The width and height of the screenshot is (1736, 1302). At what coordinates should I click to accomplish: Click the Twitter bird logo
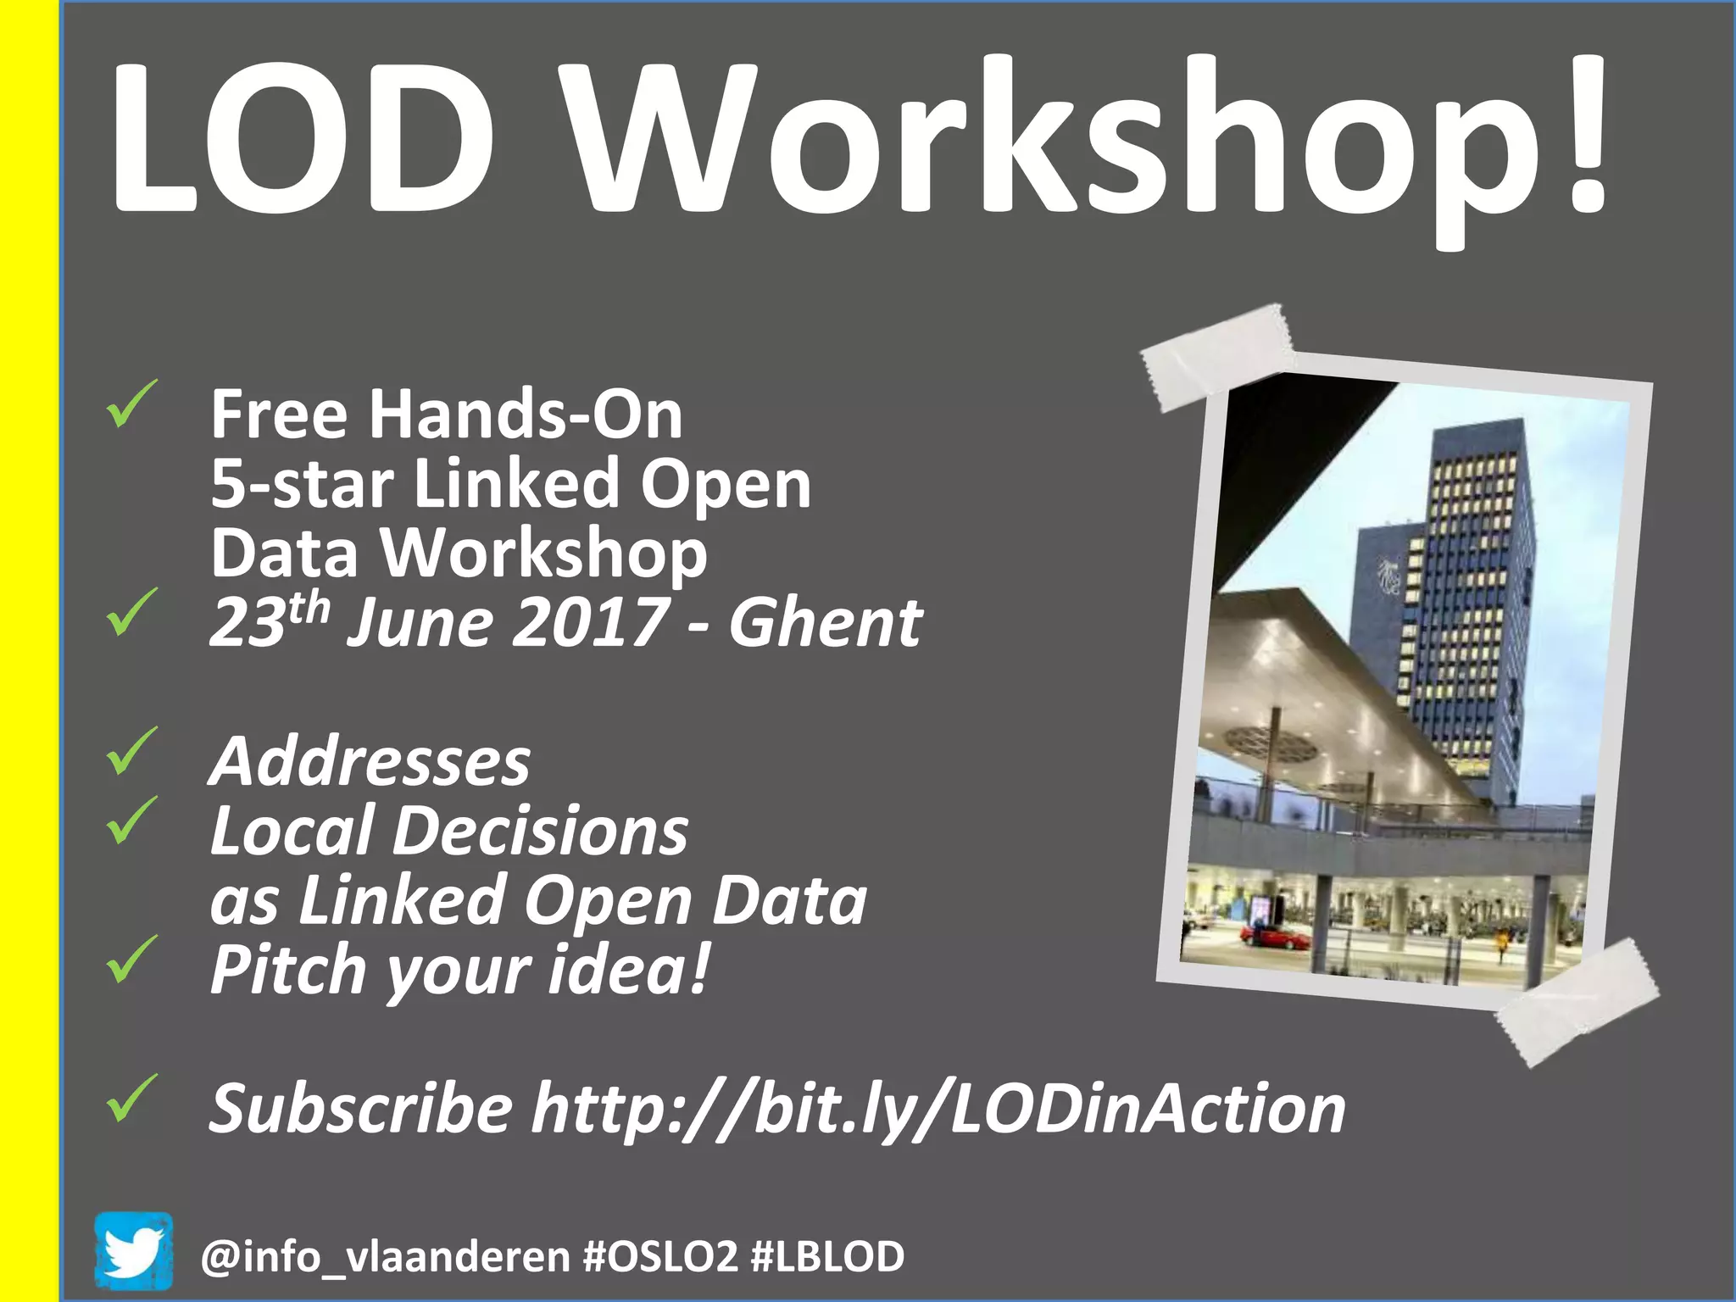pos(133,1251)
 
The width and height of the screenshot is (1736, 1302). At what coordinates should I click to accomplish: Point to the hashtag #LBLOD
pos(828,1256)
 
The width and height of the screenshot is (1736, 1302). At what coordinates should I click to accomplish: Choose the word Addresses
pos(370,761)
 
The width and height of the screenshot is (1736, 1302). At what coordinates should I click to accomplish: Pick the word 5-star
pos(302,484)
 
